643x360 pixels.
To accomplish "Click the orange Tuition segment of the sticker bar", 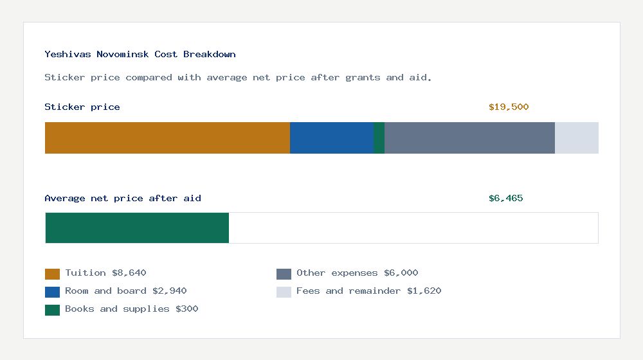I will pos(167,138).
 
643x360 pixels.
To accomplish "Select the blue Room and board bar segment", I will pos(332,138).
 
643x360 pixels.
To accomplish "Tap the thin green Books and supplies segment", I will pos(379,138).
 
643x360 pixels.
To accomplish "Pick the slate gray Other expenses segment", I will pos(469,138).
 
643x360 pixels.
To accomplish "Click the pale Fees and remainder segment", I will pos(577,138).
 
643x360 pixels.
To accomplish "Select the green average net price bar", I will pos(137,228).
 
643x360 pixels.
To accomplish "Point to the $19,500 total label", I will pos(509,107).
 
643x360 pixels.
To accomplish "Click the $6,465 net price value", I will pos(506,198).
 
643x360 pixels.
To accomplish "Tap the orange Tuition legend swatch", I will pos(52,274).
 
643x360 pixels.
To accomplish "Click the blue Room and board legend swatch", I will pos(52,292).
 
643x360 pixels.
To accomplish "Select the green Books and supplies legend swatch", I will pos(52,310).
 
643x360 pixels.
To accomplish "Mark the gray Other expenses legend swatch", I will pos(284,274).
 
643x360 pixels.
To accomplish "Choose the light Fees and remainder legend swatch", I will pos(284,292).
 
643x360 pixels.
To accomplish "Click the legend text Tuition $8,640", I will pos(105,273).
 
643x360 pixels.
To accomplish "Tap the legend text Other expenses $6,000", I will pos(357,273).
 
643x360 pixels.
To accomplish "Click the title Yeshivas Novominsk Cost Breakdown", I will pos(140,54).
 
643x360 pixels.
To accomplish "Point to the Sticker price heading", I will pos(82,107).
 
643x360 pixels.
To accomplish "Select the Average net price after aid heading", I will pos(123,198).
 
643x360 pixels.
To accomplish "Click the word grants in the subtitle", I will pos(363,77).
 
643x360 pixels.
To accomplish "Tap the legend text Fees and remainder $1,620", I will pos(368,291).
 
